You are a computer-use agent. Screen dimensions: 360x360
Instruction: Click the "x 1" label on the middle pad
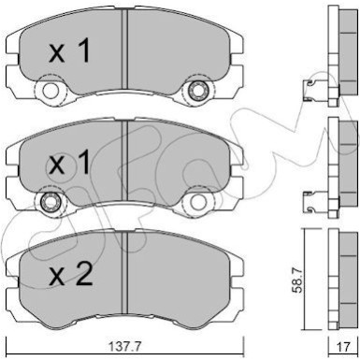click(71, 166)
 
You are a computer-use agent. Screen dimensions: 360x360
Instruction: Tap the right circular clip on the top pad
click(197, 92)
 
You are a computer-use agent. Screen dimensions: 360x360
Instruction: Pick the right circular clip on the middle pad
click(197, 202)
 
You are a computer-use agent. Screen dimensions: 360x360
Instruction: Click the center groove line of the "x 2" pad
click(124, 271)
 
